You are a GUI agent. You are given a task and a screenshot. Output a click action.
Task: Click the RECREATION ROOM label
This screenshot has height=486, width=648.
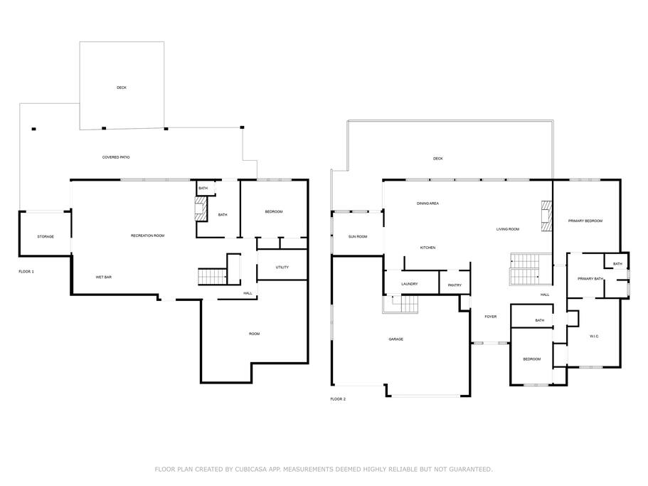147,236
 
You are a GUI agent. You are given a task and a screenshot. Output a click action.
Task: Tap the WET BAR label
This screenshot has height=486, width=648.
104,277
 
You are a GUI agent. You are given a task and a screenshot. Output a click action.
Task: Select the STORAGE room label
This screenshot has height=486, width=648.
46,237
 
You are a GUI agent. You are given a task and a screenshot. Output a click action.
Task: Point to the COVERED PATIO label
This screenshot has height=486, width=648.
116,157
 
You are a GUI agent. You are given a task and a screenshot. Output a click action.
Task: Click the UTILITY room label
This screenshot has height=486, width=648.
282,268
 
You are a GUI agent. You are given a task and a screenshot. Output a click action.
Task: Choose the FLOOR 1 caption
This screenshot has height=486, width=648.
26,272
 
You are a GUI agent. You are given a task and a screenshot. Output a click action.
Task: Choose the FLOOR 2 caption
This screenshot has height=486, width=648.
338,399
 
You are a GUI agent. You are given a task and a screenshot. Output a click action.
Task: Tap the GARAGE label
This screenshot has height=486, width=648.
396,339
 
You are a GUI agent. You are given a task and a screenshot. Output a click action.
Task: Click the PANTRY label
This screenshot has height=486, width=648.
455,285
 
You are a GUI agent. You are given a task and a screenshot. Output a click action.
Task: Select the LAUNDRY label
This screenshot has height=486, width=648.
410,284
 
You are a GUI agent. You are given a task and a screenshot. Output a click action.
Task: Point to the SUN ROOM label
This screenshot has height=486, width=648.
358,237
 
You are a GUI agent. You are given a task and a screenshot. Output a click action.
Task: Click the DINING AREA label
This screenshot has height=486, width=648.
427,204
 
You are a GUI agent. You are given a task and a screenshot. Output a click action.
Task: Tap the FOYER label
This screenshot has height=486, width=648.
491,317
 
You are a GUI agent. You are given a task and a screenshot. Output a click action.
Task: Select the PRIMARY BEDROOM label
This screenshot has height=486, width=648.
585,221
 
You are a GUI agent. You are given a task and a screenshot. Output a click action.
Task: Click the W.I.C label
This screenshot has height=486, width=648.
594,337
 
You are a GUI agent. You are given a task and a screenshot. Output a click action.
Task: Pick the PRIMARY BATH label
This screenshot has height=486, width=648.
590,279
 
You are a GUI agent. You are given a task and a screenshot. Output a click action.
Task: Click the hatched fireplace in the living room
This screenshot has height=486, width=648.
547,216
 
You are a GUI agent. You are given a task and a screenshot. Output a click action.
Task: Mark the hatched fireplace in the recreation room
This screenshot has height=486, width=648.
201,208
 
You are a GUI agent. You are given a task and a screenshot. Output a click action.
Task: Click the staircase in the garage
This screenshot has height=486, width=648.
400,305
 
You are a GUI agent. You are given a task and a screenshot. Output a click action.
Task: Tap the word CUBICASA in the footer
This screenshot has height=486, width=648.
251,469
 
